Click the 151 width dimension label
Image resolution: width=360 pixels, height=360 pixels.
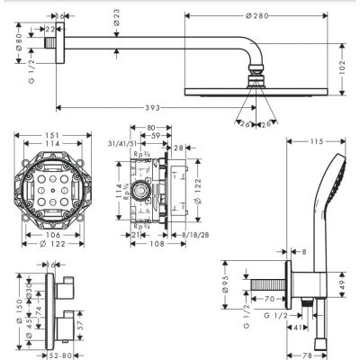coord(53,137)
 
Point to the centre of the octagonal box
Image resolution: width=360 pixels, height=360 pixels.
coord(54,188)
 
